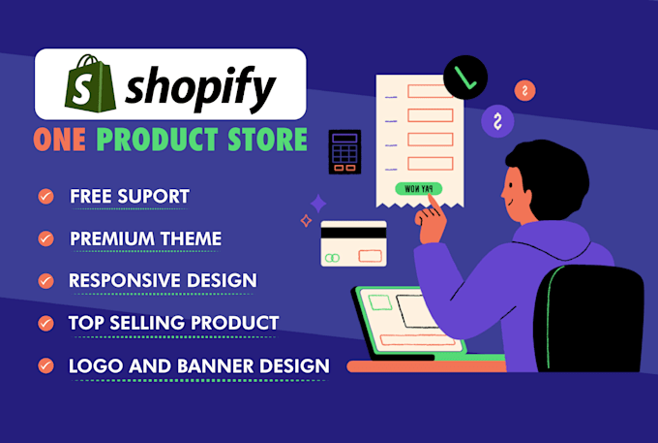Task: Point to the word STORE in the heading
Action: click(x=270, y=140)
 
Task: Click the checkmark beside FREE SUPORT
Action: click(x=45, y=197)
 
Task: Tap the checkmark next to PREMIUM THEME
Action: click(x=45, y=238)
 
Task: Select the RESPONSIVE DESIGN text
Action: click(x=163, y=280)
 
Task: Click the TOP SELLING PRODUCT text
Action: click(x=173, y=323)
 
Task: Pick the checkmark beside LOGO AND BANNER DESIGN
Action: click(x=45, y=365)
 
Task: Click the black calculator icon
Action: click(x=344, y=153)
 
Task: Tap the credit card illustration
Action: click(x=353, y=244)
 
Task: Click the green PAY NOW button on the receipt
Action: click(x=419, y=188)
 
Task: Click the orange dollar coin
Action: click(x=524, y=90)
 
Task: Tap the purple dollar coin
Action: click(x=498, y=123)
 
